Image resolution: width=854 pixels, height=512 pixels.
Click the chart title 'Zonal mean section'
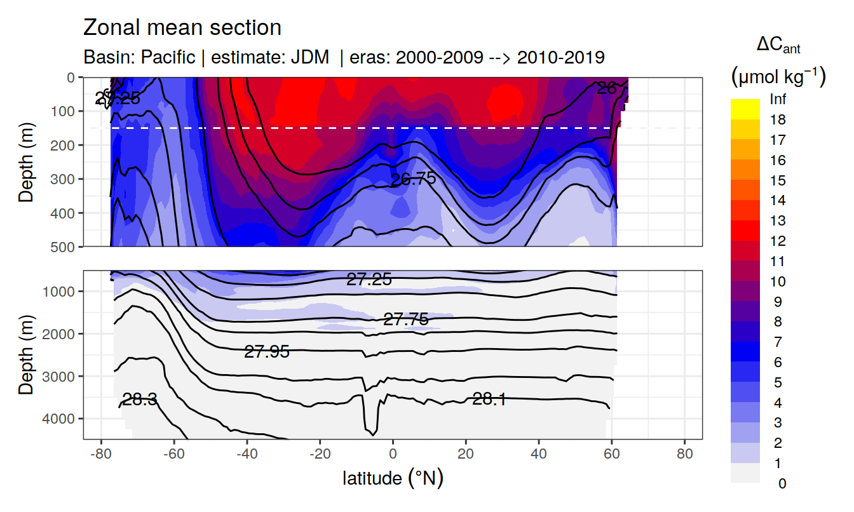tap(182, 28)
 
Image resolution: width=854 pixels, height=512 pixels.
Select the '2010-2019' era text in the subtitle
tap(560, 57)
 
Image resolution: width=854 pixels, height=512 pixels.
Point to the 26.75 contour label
tap(413, 179)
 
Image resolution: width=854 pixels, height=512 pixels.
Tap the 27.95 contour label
tap(267, 351)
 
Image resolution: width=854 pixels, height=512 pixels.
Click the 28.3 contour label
tap(140, 400)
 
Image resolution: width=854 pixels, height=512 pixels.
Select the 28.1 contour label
tap(489, 399)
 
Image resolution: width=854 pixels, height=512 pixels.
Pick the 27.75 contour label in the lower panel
tap(406, 320)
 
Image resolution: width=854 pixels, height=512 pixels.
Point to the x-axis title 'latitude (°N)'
tap(393, 478)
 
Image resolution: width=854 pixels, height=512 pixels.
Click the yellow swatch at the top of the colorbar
tap(745, 104)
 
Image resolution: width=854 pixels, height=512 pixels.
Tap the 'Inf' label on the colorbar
tap(778, 99)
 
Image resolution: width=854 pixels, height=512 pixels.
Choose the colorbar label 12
tap(778, 241)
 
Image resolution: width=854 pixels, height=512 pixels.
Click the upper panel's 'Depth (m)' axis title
tap(26, 161)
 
